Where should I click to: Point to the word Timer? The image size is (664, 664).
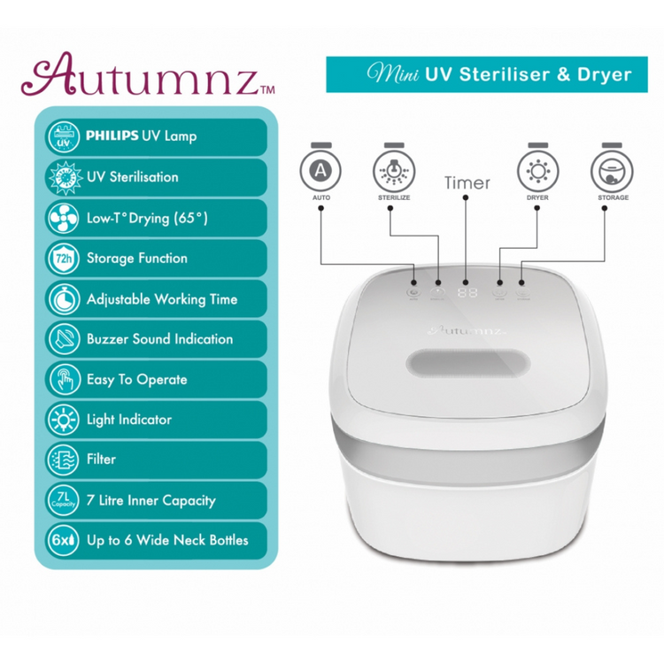(x=467, y=183)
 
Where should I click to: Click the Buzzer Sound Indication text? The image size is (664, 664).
(x=160, y=339)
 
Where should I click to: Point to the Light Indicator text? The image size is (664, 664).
(x=129, y=420)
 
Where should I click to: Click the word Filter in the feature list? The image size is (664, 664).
(x=102, y=459)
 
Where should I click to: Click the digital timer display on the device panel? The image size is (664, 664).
(x=467, y=291)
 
